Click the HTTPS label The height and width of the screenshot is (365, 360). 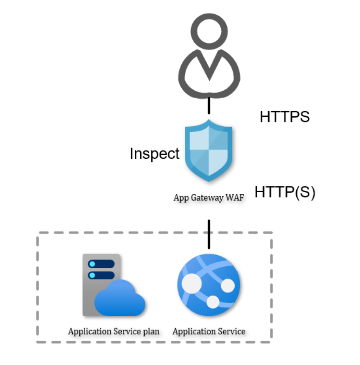pos(284,117)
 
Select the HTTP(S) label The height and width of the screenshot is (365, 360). pos(285,192)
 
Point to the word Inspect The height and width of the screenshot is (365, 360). pos(154,154)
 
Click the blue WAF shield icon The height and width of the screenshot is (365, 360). pos(209,150)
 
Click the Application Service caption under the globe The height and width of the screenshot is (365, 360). pos(209,331)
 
